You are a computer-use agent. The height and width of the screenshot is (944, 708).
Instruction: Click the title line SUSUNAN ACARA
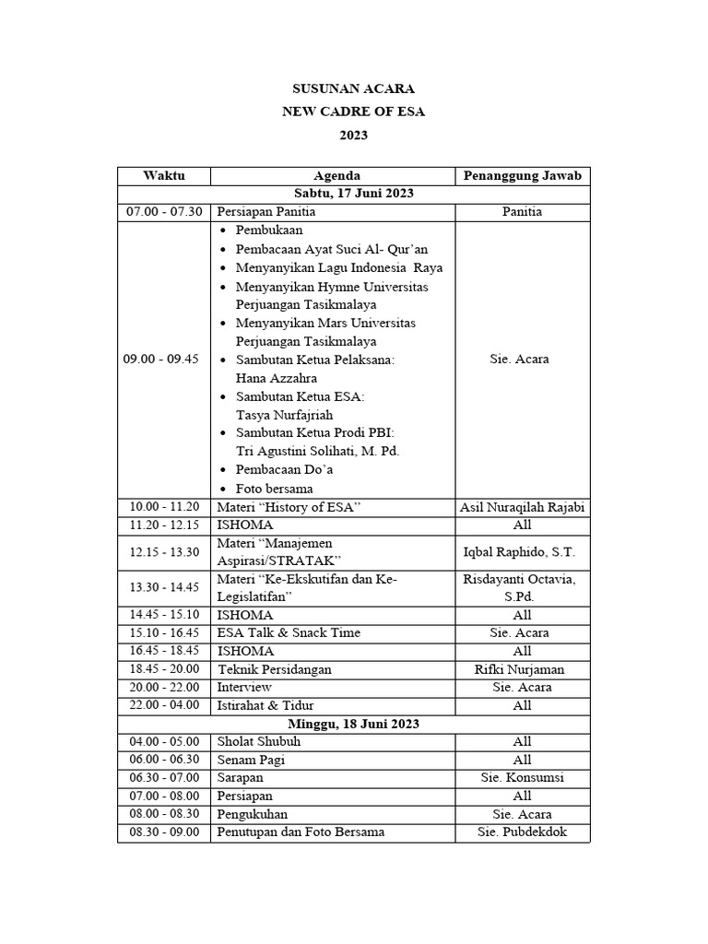tap(353, 89)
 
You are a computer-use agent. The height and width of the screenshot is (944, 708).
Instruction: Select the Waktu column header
tap(164, 175)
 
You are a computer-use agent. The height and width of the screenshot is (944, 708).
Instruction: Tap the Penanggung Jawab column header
tap(522, 175)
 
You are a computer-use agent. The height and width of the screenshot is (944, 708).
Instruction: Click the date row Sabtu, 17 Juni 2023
tap(353, 194)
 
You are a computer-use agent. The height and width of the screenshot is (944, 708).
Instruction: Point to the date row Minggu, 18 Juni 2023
tap(353, 724)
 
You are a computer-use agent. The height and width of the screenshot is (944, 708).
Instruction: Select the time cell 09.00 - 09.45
tap(161, 360)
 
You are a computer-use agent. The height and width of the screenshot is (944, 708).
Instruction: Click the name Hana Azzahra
tap(276, 378)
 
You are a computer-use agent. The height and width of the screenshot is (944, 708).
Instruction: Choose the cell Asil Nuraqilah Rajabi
tap(522, 507)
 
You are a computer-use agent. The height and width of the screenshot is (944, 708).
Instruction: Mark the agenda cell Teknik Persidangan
tap(274, 669)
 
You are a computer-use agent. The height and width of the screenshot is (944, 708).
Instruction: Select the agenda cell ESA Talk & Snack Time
tap(289, 632)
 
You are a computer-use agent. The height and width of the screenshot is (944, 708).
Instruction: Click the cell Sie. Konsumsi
tap(522, 777)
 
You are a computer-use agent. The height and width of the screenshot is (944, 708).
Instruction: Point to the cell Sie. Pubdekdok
tap(522, 832)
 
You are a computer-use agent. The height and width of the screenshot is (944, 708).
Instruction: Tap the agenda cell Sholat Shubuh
tap(259, 741)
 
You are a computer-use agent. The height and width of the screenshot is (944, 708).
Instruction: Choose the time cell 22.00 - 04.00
tap(161, 705)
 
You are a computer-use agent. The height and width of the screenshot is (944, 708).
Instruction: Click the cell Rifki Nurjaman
tap(522, 669)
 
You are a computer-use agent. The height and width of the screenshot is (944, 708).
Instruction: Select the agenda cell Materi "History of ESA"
tap(289, 507)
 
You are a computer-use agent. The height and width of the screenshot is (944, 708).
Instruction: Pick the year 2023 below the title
tap(353, 135)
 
